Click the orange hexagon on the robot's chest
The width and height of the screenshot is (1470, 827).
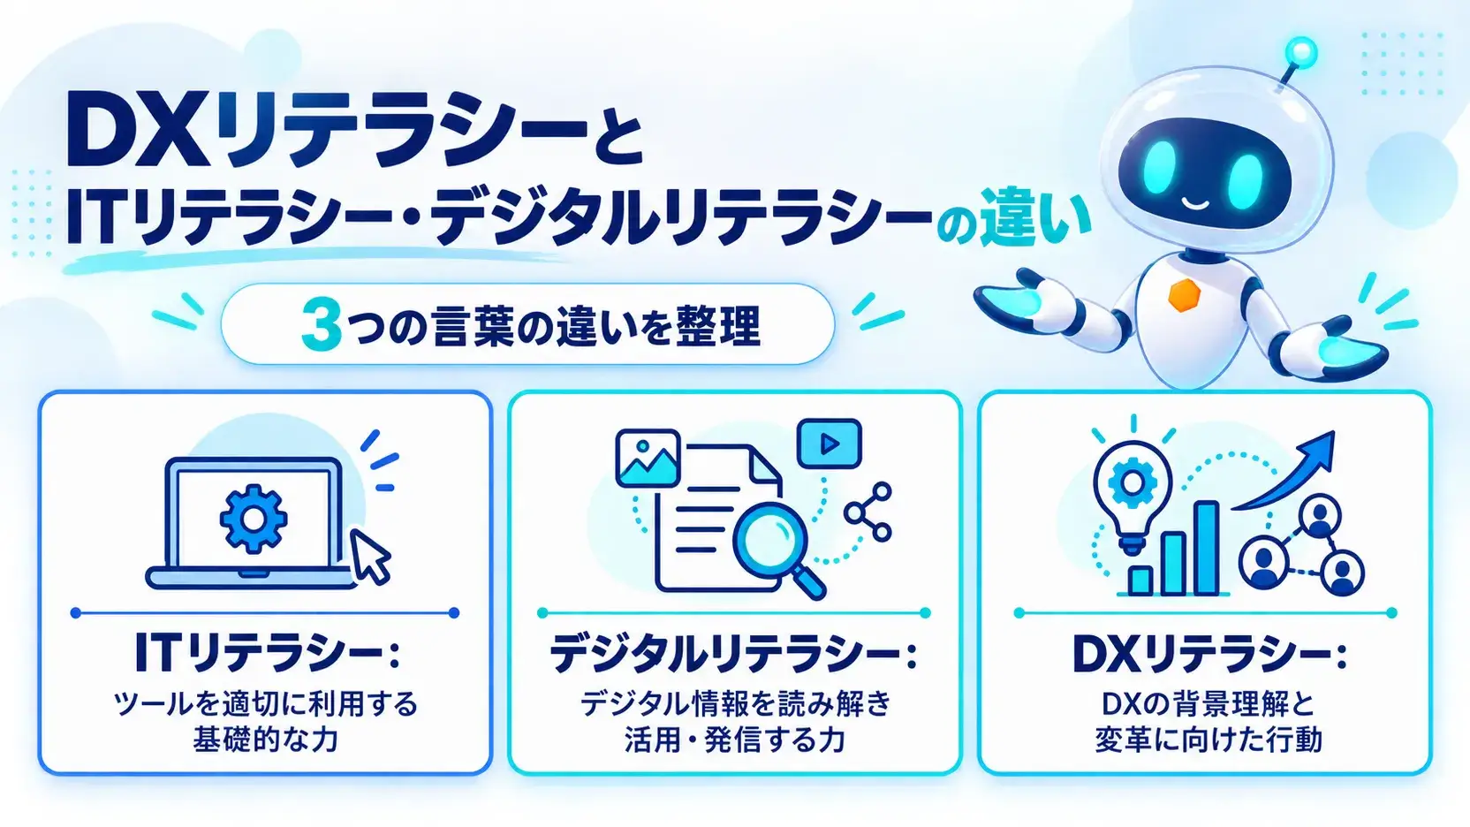tap(1185, 295)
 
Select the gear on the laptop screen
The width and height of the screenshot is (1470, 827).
tap(254, 518)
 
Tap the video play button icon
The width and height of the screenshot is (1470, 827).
tap(829, 444)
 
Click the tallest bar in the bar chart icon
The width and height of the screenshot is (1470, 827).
tap(1206, 548)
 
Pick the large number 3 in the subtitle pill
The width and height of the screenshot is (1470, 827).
tap(321, 325)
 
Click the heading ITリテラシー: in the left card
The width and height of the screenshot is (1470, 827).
tap(267, 652)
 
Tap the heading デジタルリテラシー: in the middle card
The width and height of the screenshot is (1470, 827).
tap(734, 652)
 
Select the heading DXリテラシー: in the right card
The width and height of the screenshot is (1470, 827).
tap(1209, 652)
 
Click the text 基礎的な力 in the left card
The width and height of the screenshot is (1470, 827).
tap(265, 740)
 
